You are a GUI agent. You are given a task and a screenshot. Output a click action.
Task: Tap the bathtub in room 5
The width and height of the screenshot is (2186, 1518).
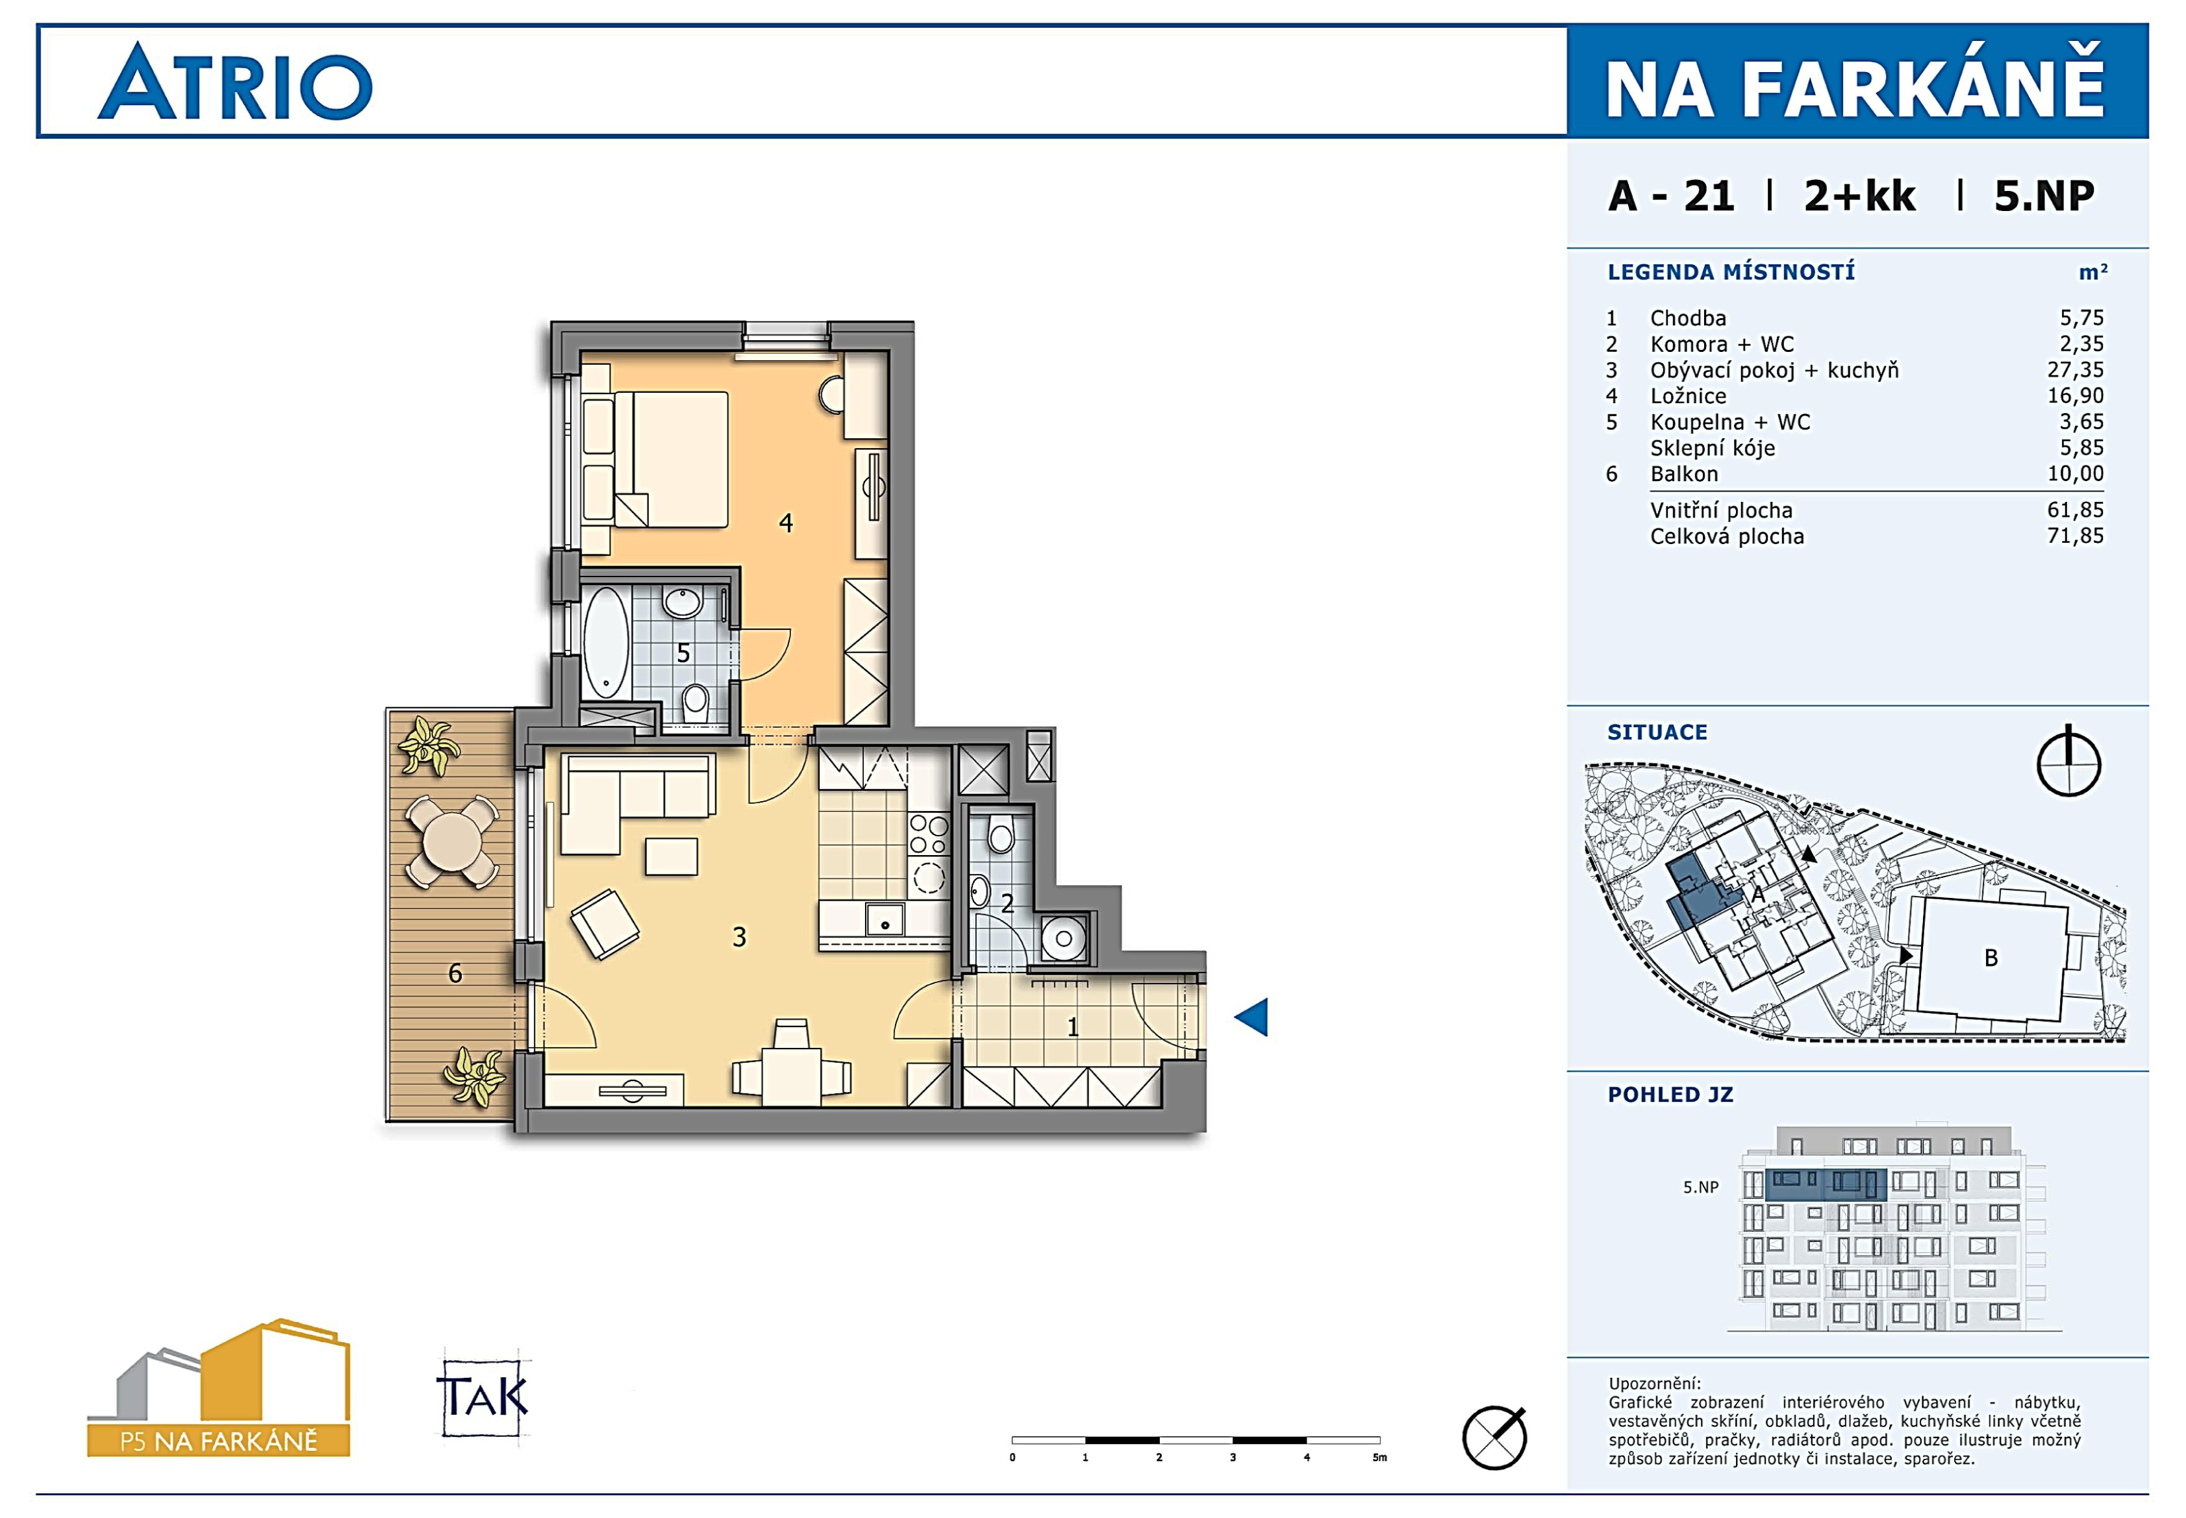click(x=605, y=643)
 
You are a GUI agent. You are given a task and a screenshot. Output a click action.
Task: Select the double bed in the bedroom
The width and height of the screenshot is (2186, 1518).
click(x=671, y=460)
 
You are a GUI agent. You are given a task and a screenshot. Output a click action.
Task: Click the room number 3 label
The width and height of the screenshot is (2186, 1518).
click(x=739, y=938)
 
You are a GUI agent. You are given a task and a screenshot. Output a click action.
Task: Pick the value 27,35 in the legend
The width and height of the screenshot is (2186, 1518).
click(x=2076, y=370)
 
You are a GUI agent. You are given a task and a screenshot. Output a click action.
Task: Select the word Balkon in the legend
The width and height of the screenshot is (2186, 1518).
click(x=1684, y=474)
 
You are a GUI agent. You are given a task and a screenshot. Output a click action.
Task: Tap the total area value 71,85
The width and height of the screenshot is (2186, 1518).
click(x=2076, y=536)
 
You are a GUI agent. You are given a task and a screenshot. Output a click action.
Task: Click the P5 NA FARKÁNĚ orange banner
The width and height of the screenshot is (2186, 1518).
click(x=219, y=1441)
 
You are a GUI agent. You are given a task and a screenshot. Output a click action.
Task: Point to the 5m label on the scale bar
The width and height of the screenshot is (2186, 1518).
click(x=1379, y=1457)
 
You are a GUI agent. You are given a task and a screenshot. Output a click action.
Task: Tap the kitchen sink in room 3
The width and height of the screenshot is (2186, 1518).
click(x=885, y=920)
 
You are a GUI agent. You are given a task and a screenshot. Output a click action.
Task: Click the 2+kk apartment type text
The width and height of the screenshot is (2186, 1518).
click(x=1860, y=196)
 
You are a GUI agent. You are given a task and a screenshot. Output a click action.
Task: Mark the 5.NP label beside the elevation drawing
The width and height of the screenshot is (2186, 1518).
click(x=1701, y=1187)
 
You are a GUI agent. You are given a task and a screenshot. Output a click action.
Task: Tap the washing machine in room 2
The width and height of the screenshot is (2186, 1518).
click(x=1064, y=939)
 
